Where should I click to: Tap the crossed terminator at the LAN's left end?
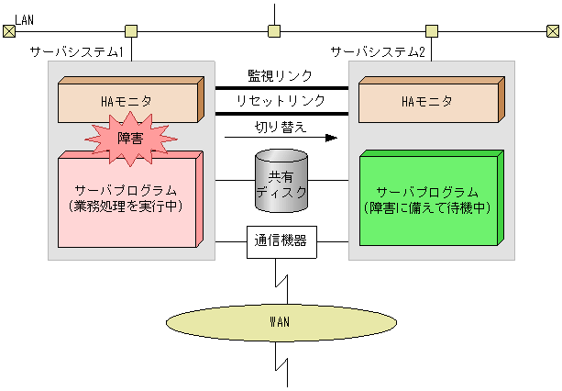tap(9, 31)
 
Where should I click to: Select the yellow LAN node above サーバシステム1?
tap(131, 31)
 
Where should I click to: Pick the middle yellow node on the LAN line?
tap(274, 31)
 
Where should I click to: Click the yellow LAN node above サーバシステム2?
tap(431, 31)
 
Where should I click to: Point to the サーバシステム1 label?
tap(76, 52)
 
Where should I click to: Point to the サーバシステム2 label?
tap(378, 52)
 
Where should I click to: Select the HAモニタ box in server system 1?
tap(128, 101)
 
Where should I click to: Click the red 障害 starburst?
tap(131, 137)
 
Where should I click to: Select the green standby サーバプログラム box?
tap(427, 200)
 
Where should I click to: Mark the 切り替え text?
tap(280, 125)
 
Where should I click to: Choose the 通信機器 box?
tap(281, 242)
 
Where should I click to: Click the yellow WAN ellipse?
tap(281, 321)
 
